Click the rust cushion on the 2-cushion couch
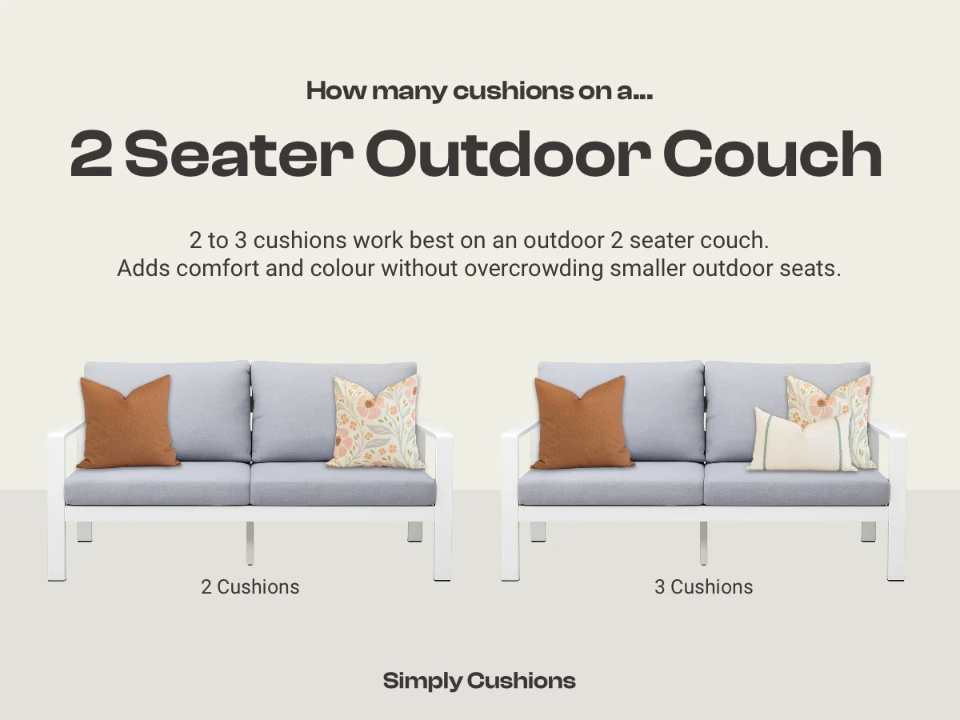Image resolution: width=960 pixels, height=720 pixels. [x=128, y=422]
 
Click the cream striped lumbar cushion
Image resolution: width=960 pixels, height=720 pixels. [x=803, y=442]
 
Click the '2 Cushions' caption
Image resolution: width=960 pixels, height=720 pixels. [x=250, y=586]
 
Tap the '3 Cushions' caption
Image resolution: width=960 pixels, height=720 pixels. [x=703, y=586]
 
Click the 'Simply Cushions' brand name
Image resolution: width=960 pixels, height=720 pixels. [x=479, y=681]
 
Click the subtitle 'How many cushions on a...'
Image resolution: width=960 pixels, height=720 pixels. [x=479, y=91]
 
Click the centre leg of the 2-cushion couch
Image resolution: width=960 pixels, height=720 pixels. [x=250, y=542]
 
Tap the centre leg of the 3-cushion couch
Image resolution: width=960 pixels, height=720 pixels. [x=703, y=542]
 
